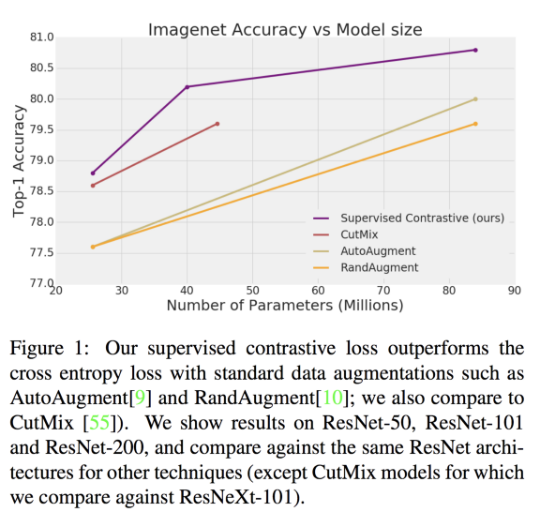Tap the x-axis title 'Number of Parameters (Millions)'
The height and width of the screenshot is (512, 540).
coord(285,306)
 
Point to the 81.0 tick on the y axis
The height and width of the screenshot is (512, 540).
coord(42,38)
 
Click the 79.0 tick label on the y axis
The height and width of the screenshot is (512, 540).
coord(42,160)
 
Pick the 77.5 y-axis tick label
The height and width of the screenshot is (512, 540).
coord(42,253)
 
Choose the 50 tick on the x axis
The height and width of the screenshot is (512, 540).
coord(252,292)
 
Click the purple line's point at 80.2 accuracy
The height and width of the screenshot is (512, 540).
coord(187,87)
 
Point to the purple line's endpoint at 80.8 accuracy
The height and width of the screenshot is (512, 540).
coord(476,50)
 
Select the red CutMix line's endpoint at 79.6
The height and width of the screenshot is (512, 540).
coord(217,124)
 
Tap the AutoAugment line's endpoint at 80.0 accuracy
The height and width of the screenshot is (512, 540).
coord(476,98)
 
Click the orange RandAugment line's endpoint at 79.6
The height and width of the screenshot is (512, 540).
coord(476,124)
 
